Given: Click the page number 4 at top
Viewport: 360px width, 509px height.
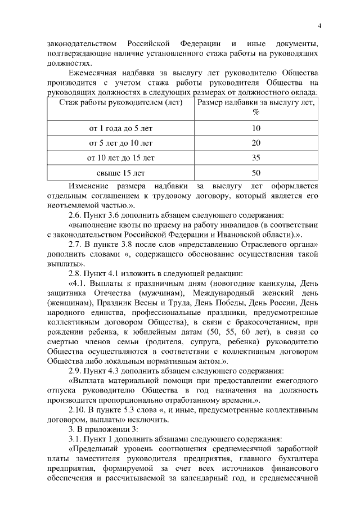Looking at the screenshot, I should (x=319, y=26).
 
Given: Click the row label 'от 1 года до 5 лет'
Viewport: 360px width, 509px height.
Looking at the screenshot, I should (x=121, y=128).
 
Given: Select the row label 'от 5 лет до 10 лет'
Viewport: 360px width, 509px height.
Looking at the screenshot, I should (x=121, y=143).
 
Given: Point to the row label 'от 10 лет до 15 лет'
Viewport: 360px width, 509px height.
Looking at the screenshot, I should (x=121, y=157).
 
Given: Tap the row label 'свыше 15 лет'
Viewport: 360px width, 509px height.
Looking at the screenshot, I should (x=121, y=172).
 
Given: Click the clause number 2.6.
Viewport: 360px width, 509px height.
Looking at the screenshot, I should (x=74, y=215).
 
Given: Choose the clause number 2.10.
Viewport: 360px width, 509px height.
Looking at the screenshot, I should (x=76, y=410).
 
